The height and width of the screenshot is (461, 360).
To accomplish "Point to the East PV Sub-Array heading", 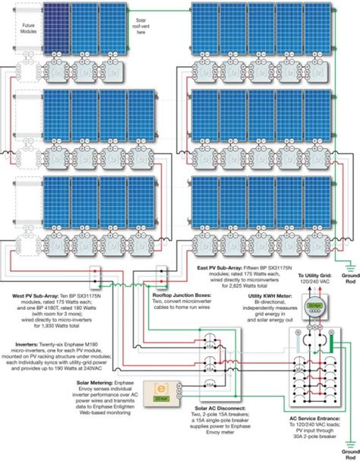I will coord(226,267).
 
